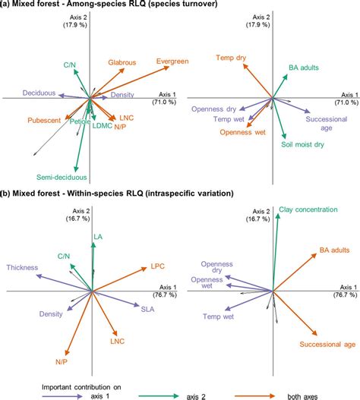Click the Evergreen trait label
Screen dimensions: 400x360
tap(173, 61)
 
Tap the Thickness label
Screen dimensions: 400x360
tap(22, 267)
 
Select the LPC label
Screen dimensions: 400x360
tap(157, 266)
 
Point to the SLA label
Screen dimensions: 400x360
tap(148, 308)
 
